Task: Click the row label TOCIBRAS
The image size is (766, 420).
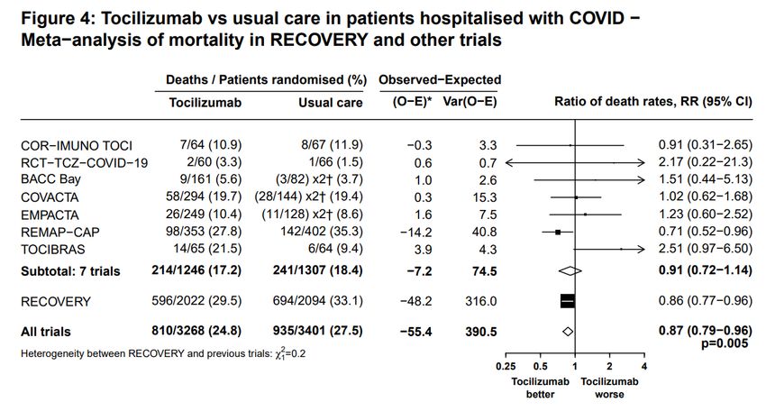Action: tap(53, 250)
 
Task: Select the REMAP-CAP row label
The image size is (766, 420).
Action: tap(60, 232)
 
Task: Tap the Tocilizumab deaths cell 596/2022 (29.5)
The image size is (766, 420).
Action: tap(196, 300)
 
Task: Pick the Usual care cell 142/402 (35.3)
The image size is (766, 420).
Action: tap(322, 231)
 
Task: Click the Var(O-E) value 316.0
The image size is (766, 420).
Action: tap(480, 301)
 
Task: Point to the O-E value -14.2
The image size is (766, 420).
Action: tap(415, 232)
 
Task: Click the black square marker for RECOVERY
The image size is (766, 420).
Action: tap(568, 301)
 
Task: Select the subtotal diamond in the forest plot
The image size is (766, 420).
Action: tap(570, 270)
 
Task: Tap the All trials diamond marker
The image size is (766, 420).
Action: tap(568, 332)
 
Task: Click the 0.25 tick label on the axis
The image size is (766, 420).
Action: tap(506, 366)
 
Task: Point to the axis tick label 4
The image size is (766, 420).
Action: tap(644, 366)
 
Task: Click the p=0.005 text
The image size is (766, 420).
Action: tap(725, 343)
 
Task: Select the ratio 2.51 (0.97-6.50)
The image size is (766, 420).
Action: tap(705, 249)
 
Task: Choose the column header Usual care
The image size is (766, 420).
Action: tap(331, 103)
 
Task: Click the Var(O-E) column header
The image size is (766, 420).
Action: tap(470, 102)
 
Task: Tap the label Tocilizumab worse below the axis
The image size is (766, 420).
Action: tap(609, 388)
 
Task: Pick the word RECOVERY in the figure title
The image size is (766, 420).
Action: tap(318, 40)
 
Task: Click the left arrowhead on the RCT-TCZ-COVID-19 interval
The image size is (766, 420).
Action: tap(509, 162)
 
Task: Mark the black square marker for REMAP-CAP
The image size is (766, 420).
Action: tap(558, 232)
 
